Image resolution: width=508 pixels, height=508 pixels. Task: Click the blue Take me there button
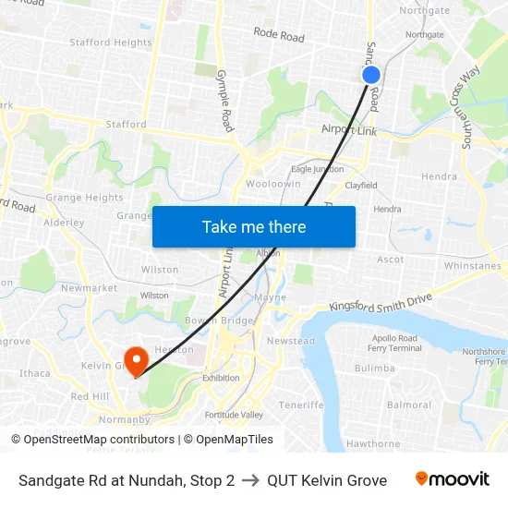coord(253,226)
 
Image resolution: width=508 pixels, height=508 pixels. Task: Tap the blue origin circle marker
coord(371,76)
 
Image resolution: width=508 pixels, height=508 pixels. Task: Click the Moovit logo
coord(452,479)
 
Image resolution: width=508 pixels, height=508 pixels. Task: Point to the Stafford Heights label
coord(111,42)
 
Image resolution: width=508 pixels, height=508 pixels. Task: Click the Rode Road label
coord(279,36)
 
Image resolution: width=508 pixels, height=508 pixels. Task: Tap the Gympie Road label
coord(225,99)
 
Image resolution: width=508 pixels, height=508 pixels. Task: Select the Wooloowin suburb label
coord(273,184)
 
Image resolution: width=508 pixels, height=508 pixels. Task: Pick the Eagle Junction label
coord(317,169)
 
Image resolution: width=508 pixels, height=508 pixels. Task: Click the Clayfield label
coord(361,185)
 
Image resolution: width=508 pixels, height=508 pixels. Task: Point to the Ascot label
coord(391,260)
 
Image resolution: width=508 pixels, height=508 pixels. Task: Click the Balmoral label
coord(409,405)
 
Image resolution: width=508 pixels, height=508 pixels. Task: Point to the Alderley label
coord(64,223)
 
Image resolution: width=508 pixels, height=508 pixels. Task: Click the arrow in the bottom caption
coord(250,480)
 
